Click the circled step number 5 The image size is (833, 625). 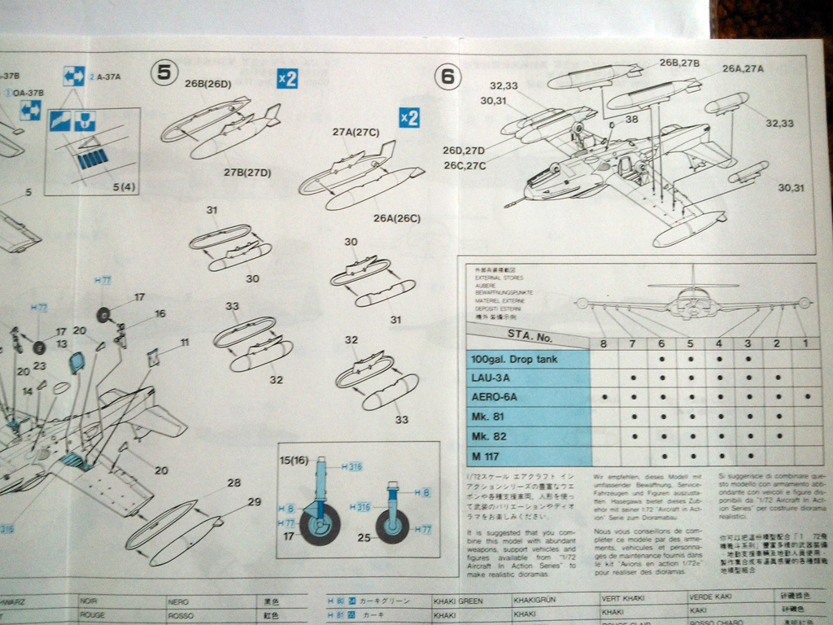pyautogui.click(x=164, y=72)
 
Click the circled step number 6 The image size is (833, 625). pyautogui.click(x=447, y=76)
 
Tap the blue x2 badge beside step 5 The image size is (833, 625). pyautogui.click(x=287, y=78)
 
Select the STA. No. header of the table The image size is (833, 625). pyautogui.click(x=530, y=334)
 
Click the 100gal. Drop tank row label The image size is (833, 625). pyautogui.click(x=514, y=359)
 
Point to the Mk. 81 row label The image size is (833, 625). pyautogui.click(x=487, y=417)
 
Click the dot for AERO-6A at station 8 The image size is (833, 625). pyautogui.click(x=604, y=397)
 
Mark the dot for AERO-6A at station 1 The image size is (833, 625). pyautogui.click(x=805, y=397)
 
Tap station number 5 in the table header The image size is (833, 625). pyautogui.click(x=690, y=343)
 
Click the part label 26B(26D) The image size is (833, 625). pyautogui.click(x=207, y=83)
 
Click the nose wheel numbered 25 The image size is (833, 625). pyautogui.click(x=393, y=527)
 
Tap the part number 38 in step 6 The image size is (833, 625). pyautogui.click(x=632, y=119)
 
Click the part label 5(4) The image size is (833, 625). pyautogui.click(x=124, y=187)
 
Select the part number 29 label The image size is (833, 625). pyautogui.click(x=254, y=502)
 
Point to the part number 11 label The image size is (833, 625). pyautogui.click(x=185, y=343)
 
